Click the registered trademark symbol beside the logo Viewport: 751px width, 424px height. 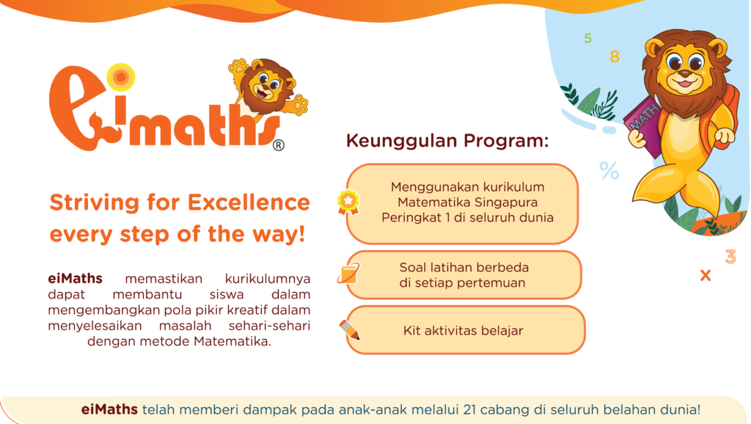pyautogui.click(x=278, y=145)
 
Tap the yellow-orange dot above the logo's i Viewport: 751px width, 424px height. pyautogui.click(x=121, y=77)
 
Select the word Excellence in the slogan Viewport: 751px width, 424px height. pyautogui.click(x=249, y=202)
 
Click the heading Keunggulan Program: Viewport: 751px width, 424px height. pyautogui.click(x=447, y=141)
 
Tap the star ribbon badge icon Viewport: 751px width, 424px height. pyautogui.click(x=348, y=202)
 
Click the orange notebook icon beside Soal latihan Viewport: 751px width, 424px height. pyautogui.click(x=348, y=274)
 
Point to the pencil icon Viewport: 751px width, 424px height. pyautogui.click(x=350, y=329)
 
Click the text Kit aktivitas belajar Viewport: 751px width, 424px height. pyautogui.click(x=464, y=331)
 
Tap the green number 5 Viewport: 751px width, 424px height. pyautogui.click(x=587, y=38)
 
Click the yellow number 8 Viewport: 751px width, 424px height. pyautogui.click(x=615, y=56)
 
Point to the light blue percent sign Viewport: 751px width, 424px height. pyautogui.click(x=609, y=171)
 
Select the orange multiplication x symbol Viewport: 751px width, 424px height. pyautogui.click(x=706, y=276)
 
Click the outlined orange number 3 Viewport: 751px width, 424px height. pyautogui.click(x=730, y=257)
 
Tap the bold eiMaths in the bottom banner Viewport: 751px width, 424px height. pyautogui.click(x=109, y=409)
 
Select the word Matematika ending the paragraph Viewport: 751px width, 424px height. pyautogui.click(x=232, y=342)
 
